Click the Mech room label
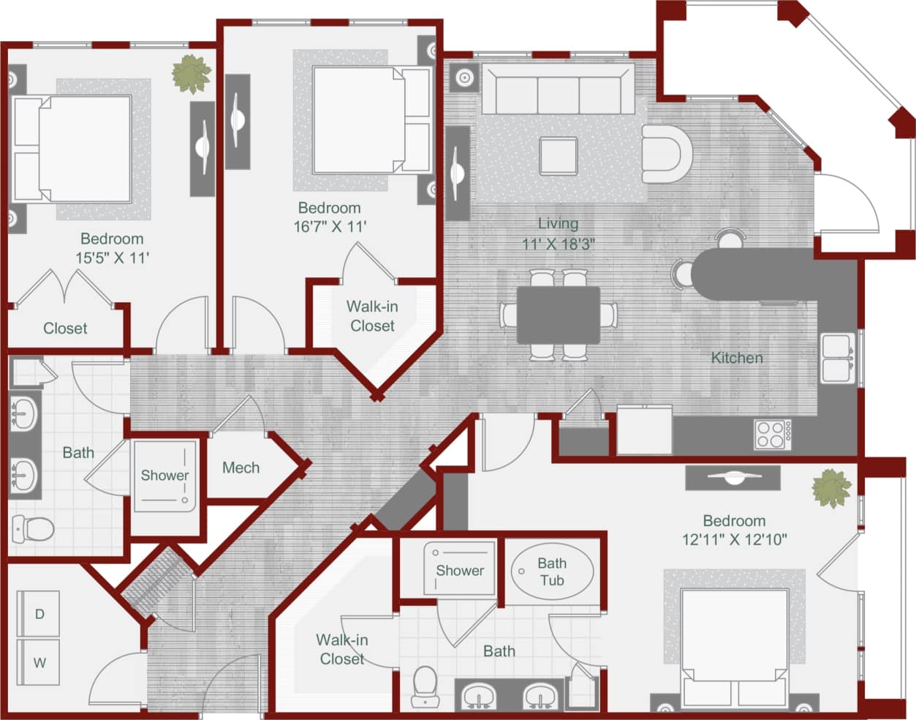click(241, 468)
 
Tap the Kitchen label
click(737, 358)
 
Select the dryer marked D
click(39, 614)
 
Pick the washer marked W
click(39, 663)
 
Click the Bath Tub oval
click(552, 571)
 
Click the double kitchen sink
click(837, 358)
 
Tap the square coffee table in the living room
click(558, 156)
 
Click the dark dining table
click(559, 315)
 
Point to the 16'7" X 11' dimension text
click(330, 227)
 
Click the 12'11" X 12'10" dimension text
click(734, 540)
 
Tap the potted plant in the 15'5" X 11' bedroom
click(192, 74)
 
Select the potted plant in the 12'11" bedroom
click(832, 488)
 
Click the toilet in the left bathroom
click(33, 527)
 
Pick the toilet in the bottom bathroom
click(425, 686)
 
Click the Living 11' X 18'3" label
click(558, 233)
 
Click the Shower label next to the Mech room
click(164, 476)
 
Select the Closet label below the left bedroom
click(65, 329)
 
